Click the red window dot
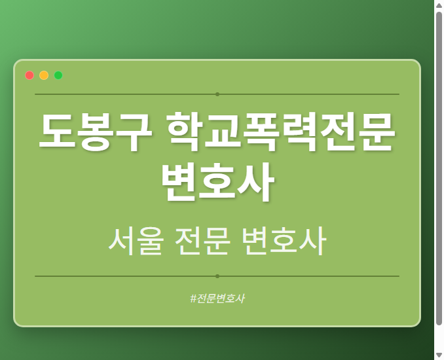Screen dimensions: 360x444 click(29, 75)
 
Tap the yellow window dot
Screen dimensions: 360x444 click(44, 75)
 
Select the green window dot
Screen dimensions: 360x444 click(58, 75)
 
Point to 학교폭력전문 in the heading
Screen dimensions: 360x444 click(281, 132)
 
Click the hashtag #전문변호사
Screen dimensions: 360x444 click(217, 298)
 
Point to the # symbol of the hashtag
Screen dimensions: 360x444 click(193, 298)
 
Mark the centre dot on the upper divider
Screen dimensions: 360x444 click(217, 94)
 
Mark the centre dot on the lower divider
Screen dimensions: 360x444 click(217, 276)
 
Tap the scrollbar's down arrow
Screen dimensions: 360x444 click(439, 355)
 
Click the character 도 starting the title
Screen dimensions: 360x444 click(58, 132)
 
